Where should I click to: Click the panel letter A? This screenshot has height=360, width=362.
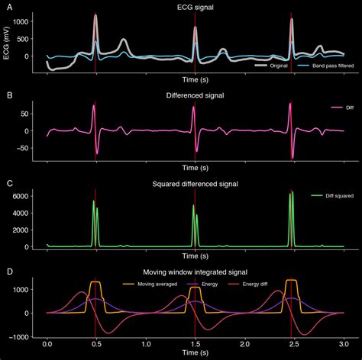click(8, 6)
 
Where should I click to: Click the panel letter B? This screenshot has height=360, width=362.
click(8, 95)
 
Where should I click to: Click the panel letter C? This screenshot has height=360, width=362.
click(8, 184)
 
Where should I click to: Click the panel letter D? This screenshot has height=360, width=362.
click(8, 272)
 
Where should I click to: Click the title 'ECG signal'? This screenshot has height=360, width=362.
click(195, 7)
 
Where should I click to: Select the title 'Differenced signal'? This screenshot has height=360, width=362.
click(195, 95)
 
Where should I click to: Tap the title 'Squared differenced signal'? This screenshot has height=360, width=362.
click(195, 184)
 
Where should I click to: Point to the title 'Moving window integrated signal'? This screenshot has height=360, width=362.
click(195, 272)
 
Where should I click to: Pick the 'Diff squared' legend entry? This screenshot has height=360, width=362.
click(328, 198)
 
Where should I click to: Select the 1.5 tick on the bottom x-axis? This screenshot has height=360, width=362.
click(195, 344)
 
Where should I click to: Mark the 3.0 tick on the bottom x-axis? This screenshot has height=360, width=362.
click(343, 344)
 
